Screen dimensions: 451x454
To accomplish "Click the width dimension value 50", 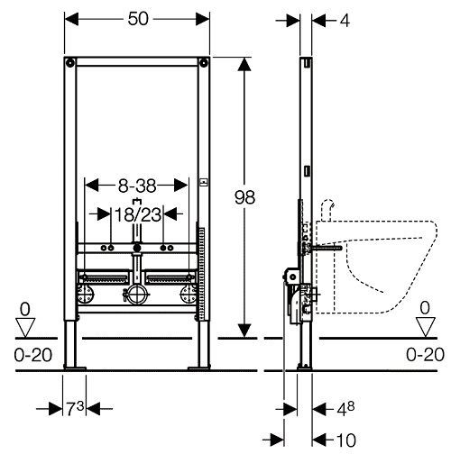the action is [x=138, y=19].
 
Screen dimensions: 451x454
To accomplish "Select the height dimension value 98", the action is [x=244, y=197].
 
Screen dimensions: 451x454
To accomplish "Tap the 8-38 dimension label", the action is [x=137, y=186].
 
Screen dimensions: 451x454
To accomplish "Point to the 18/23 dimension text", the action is [x=138, y=215].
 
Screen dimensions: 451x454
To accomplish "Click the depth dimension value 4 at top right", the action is [x=345, y=21].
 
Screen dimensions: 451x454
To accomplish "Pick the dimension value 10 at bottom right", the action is [x=346, y=440].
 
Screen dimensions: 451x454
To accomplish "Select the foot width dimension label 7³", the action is [x=75, y=408].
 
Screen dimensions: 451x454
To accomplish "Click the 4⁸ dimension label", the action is [x=345, y=408].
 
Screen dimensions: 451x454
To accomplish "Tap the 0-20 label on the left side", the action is [x=33, y=355].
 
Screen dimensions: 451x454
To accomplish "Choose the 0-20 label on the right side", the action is [x=425, y=354].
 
